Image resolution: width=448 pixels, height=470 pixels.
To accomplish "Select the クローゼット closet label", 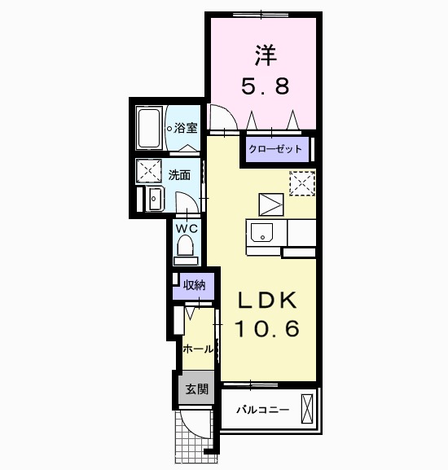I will [x=276, y=149].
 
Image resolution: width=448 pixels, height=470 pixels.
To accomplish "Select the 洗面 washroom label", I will [x=179, y=174].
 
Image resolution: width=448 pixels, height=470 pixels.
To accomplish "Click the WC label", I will [x=187, y=228].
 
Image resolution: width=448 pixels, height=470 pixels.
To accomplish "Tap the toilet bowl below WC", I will [x=187, y=248].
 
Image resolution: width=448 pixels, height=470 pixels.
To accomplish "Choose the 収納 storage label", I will [x=194, y=285].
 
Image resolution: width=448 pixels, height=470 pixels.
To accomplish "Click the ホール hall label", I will [x=198, y=349].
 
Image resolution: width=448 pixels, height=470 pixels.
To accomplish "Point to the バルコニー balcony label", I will [x=262, y=409].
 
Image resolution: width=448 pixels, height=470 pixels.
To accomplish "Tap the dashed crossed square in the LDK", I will [x=301, y=184].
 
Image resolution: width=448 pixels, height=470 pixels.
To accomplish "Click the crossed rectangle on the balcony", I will [x=307, y=407].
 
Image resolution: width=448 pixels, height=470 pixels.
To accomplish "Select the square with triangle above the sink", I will [x=270, y=203].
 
